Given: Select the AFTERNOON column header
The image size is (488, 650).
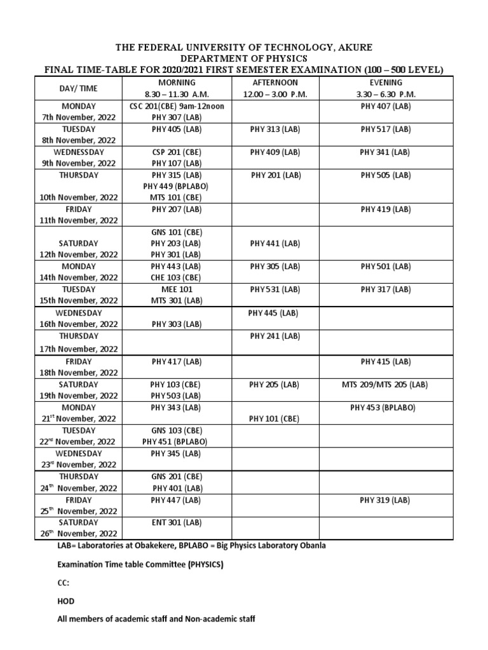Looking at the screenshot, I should pyautogui.click(x=274, y=83).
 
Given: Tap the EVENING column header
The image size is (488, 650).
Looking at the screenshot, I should pyautogui.click(x=386, y=83).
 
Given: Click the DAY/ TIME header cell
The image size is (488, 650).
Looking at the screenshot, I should pyautogui.click(x=78, y=89).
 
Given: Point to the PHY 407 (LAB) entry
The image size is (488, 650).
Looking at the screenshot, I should pyautogui.click(x=386, y=106).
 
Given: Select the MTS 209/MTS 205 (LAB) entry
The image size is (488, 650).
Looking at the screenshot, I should pyautogui.click(x=386, y=384).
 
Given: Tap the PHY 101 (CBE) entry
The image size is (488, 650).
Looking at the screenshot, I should pyautogui.click(x=274, y=418).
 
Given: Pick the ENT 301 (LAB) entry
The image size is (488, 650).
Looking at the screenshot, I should pyautogui.click(x=176, y=522).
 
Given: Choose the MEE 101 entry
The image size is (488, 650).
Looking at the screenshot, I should pyautogui.click(x=176, y=289).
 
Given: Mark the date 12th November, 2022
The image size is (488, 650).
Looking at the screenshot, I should pyautogui.click(x=78, y=255).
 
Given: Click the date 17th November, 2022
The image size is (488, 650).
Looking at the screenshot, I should pyautogui.click(x=78, y=348).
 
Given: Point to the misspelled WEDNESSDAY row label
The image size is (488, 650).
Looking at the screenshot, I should pyautogui.click(x=78, y=152).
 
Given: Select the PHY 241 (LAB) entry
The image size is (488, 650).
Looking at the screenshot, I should pyautogui.click(x=274, y=336).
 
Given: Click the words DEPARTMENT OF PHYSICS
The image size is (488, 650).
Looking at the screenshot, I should pyautogui.click(x=243, y=59).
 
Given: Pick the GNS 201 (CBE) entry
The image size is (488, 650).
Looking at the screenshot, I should pyautogui.click(x=176, y=476).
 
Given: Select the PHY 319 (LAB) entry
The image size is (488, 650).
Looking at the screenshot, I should pyautogui.click(x=386, y=500).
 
